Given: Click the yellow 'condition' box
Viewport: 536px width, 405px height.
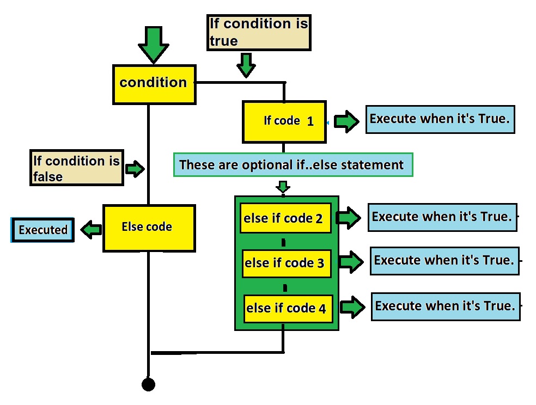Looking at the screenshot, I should [x=154, y=84].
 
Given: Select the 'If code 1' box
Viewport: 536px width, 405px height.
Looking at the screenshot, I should [x=284, y=121].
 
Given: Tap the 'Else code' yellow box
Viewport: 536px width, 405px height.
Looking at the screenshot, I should [x=149, y=228].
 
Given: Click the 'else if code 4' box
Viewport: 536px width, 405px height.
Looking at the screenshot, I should [x=287, y=308].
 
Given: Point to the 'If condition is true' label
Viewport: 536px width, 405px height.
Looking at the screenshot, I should [x=259, y=33].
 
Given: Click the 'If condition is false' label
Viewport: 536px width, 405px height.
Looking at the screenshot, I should [x=77, y=168].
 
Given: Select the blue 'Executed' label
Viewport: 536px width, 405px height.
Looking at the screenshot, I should [x=42, y=230].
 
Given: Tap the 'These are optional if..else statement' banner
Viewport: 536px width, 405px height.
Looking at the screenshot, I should [x=293, y=165].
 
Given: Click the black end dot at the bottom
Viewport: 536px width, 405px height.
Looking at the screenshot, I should [x=148, y=384].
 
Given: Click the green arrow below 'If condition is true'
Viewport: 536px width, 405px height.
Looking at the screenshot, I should [x=246, y=65].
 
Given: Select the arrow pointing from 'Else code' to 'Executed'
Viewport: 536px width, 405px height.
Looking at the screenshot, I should [x=92, y=230].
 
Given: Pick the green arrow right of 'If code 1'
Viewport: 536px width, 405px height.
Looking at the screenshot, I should [x=346, y=121].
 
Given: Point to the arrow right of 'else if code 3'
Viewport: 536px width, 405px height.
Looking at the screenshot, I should [x=351, y=262].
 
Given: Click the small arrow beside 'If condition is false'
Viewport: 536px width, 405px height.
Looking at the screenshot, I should [x=134, y=169].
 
